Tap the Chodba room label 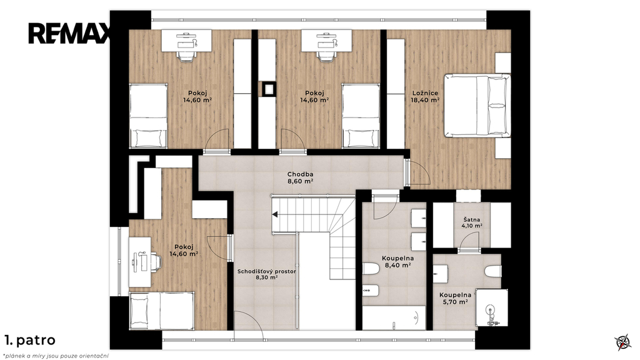pos(300,174)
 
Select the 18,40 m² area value pos(425,99)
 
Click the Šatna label pos(471,219)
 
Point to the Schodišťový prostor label pos(267,271)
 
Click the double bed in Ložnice pos(477,105)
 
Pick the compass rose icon pos(622,342)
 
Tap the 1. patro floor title pos(30,340)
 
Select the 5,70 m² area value pos(455,302)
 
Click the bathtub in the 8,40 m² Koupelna pos(394,317)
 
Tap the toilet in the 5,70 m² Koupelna pos(493,271)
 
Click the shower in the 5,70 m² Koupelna pos(492,307)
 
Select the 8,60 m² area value pos(300,182)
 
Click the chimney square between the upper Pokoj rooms pos(269,89)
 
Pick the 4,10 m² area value pos(472,226)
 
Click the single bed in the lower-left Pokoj pos(162,311)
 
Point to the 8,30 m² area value pos(267,277)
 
